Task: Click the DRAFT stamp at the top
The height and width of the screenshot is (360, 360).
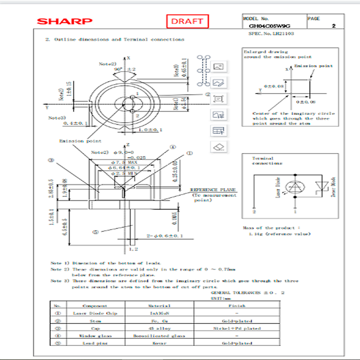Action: [x=188, y=21]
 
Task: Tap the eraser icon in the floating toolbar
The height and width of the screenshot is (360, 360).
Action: [x=219, y=147]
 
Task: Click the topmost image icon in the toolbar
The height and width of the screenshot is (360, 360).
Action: [x=219, y=67]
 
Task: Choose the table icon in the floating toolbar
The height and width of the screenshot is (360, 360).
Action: [x=219, y=131]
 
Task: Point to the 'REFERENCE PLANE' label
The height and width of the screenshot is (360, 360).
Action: [x=213, y=190]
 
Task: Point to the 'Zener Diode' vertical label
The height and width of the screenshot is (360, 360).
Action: [x=333, y=188]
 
